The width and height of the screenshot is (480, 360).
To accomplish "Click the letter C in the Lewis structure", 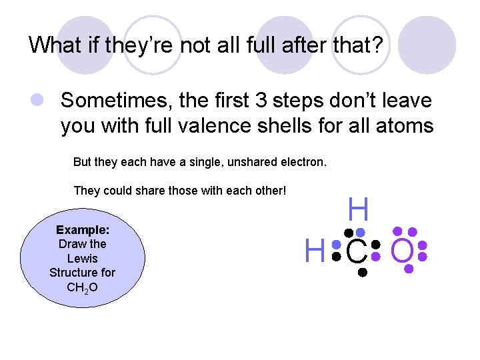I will click(x=357, y=252).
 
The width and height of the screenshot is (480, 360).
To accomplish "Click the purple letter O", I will click(x=403, y=252).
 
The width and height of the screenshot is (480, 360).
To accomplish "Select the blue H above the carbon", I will click(x=358, y=211).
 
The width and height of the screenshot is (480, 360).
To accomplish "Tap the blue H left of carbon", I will click(x=315, y=252).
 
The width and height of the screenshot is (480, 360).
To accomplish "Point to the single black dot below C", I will click(x=361, y=272).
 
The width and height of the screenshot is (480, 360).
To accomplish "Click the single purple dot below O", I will click(x=409, y=269).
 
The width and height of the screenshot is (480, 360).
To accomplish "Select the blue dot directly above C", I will click(x=360, y=232).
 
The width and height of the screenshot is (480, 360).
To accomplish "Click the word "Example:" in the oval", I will click(x=83, y=229).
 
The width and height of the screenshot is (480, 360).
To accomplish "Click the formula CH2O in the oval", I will click(x=83, y=287).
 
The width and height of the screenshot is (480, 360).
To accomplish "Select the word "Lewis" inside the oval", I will click(x=83, y=258).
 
